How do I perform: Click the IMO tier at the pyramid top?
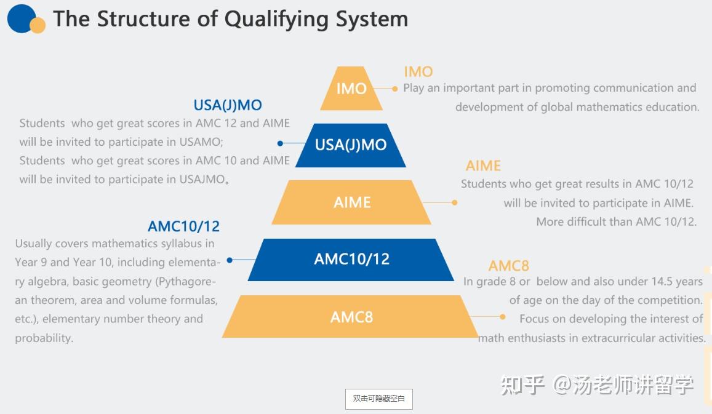[351, 89]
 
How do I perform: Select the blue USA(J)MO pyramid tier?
[351, 145]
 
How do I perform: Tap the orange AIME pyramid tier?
[351, 202]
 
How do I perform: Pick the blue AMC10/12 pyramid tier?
[351, 259]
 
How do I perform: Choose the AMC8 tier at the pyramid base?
[351, 317]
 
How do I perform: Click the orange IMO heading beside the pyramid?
[418, 72]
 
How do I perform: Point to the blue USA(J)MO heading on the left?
[228, 105]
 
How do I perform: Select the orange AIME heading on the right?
[483, 166]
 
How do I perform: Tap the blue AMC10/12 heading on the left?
[183, 226]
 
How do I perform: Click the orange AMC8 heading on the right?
[508, 266]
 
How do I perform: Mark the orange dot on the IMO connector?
[394, 89]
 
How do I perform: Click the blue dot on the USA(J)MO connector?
[280, 143]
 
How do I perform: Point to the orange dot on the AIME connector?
[455, 202]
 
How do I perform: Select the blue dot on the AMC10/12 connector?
[230, 260]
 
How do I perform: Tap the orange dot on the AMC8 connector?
[503, 317]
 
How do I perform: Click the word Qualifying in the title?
[277, 19]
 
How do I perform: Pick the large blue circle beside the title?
[21, 18]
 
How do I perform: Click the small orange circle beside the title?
[38, 25]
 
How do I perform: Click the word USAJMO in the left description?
[202, 180]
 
